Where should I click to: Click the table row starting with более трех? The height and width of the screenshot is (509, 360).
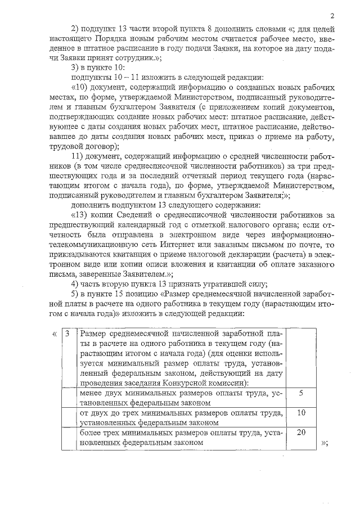pyautogui.click(x=181, y=437)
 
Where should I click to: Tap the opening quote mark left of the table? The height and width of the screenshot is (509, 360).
pyautogui.click(x=53, y=335)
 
